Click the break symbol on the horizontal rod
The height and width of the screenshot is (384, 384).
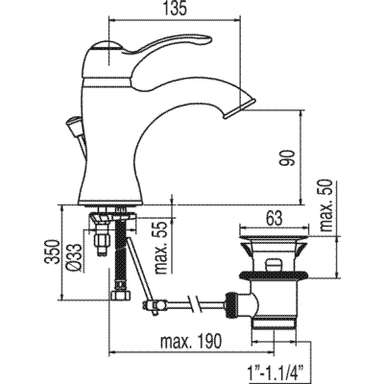(197, 304)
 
